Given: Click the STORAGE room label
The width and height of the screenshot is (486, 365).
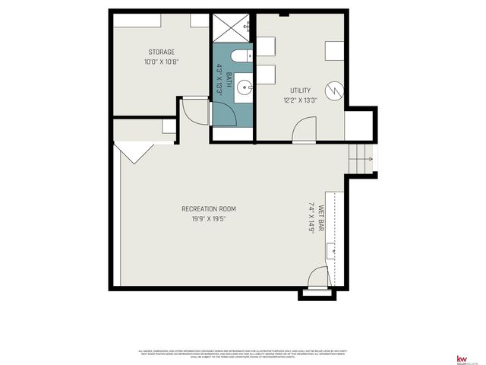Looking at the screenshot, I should (x=161, y=52).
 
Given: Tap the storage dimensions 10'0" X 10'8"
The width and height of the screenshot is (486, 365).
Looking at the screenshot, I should (x=161, y=62).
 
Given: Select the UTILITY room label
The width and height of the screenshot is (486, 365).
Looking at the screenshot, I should (x=301, y=90).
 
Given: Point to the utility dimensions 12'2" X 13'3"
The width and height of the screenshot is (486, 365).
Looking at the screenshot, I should (x=301, y=99).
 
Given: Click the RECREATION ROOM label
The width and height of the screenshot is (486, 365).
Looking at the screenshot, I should (x=208, y=209).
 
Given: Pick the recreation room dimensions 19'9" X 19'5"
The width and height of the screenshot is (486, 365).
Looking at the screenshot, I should (x=208, y=218).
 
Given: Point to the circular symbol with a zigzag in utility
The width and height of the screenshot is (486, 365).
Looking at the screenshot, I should (x=335, y=91).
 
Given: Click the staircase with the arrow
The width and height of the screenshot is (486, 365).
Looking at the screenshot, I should (x=360, y=160).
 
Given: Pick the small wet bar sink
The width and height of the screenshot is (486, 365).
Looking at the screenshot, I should (x=332, y=250).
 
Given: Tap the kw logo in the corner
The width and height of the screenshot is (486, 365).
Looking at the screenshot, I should (x=461, y=359).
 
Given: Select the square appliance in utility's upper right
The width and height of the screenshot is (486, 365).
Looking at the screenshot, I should (x=335, y=50).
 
